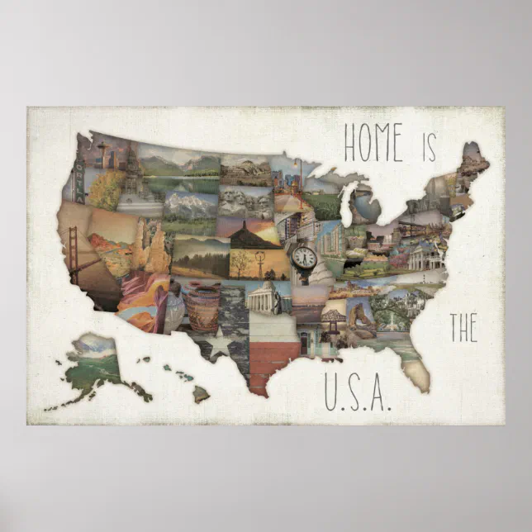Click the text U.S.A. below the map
point(356,394)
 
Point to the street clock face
point(304,257)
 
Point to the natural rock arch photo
point(362,314)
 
